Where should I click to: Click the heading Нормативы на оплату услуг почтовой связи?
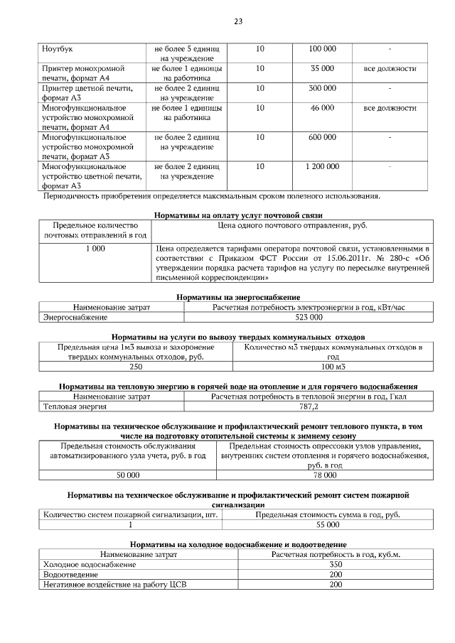[238, 215]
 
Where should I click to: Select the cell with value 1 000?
[95, 249]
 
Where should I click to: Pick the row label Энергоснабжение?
[75, 317]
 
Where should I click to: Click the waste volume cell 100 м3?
[333, 366]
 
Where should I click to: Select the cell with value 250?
[136, 366]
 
